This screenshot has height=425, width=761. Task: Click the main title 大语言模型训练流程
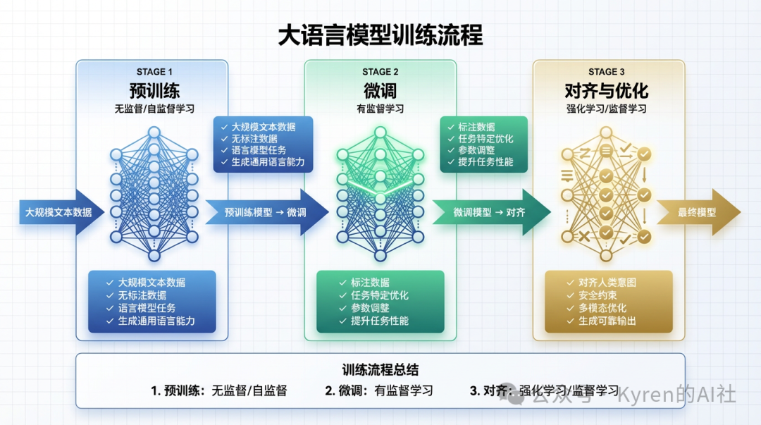pyautogui.click(x=380, y=35)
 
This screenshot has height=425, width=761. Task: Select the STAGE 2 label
pyautogui.click(x=380, y=72)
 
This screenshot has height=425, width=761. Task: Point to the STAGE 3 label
pyautogui.click(x=607, y=72)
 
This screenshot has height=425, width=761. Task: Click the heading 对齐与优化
pyautogui.click(x=607, y=91)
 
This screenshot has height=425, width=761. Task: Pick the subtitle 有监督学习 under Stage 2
pyautogui.click(x=380, y=109)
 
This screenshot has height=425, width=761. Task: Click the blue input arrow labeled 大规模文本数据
pyautogui.click(x=59, y=211)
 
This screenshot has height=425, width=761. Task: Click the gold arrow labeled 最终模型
pyautogui.click(x=698, y=211)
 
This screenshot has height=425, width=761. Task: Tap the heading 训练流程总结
pyautogui.click(x=380, y=369)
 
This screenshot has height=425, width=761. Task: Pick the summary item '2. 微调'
pyautogui.click(x=378, y=390)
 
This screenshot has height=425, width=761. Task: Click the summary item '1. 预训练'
pyautogui.click(x=218, y=390)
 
